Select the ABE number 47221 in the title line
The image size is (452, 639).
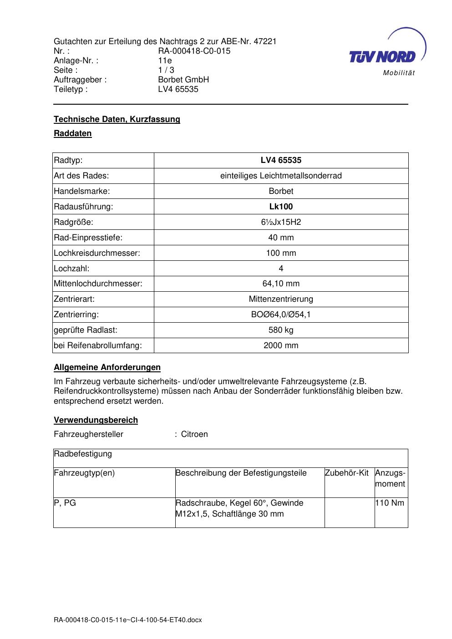pyautogui.click(x=265, y=41)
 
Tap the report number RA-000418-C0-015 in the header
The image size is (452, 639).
pyautogui.click(x=194, y=51)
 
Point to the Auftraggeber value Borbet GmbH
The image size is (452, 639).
pyautogui.click(x=183, y=80)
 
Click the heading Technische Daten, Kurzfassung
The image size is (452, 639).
pyautogui.click(x=117, y=119)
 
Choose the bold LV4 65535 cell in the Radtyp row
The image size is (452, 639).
pyautogui.click(x=281, y=160)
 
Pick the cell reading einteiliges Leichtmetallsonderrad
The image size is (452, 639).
pyautogui.click(x=281, y=176)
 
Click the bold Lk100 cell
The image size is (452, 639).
pyautogui.click(x=281, y=207)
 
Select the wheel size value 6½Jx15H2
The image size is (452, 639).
pyautogui.click(x=281, y=222)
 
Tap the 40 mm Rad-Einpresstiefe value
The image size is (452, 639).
pyautogui.click(x=281, y=238)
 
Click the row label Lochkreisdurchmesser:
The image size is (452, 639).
pyautogui.click(x=97, y=253)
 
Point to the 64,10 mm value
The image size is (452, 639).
pyautogui.click(x=281, y=284)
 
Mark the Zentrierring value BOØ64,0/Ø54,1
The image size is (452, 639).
pyautogui.click(x=281, y=314)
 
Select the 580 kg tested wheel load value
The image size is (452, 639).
pyautogui.click(x=281, y=330)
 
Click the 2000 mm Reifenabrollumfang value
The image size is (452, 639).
pyautogui.click(x=281, y=345)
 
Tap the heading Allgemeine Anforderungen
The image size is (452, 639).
pyautogui.click(x=107, y=367)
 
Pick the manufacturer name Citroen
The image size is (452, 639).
pyautogui.click(x=194, y=434)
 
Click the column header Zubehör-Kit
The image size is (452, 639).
pyautogui.click(x=347, y=473)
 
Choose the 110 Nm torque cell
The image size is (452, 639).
pyautogui.click(x=390, y=503)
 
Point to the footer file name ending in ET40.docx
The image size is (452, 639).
pyautogui.click(x=127, y=620)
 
